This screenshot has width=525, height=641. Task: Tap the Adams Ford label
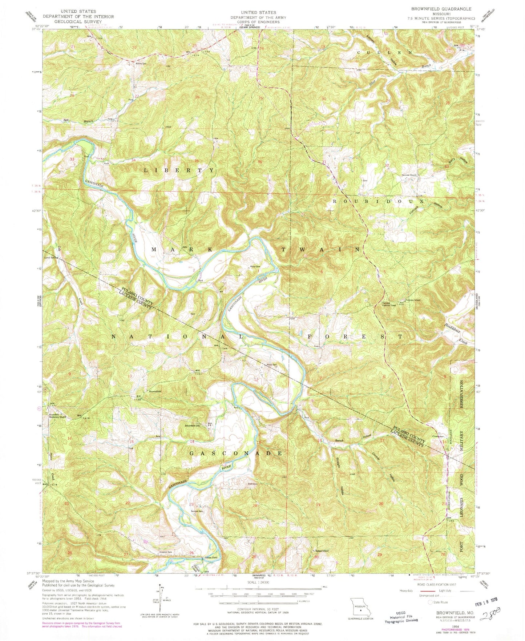[x=204, y=557]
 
